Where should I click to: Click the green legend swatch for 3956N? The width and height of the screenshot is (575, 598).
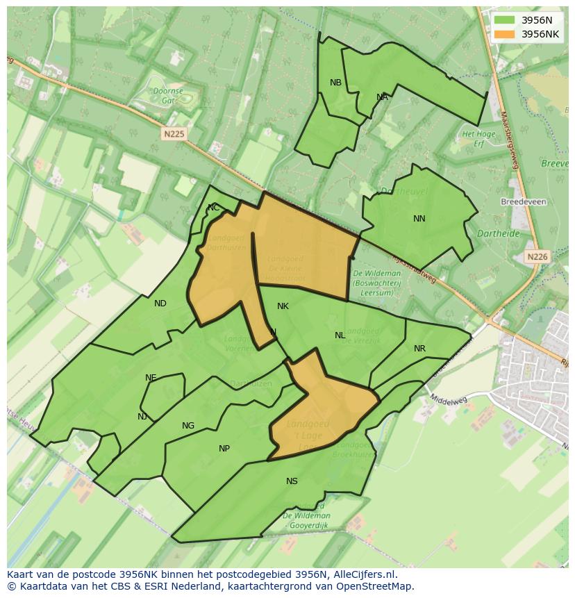[505, 20]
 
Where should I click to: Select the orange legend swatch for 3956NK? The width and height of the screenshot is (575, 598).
[505, 34]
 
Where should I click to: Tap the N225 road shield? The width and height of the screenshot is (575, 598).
[174, 134]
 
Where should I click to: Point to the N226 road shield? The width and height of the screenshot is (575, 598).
[537, 257]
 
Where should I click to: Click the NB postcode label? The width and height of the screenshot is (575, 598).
[335, 83]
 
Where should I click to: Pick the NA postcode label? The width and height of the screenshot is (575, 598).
[382, 97]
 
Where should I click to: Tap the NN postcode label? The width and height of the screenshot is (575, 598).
[419, 219]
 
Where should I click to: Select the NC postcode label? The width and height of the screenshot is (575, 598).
[213, 208]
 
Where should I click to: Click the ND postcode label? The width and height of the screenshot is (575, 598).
[160, 304]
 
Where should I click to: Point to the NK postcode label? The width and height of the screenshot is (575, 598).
[283, 306]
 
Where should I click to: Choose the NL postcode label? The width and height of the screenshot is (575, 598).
[340, 335]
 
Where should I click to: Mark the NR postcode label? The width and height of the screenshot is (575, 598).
[419, 349]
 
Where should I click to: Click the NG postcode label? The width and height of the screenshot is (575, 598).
[188, 426]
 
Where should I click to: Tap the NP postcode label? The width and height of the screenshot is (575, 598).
[224, 449]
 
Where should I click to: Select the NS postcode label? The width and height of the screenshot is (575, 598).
[292, 481]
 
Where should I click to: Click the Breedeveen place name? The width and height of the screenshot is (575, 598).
[524, 202]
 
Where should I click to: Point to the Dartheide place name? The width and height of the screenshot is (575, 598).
[499, 234]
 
